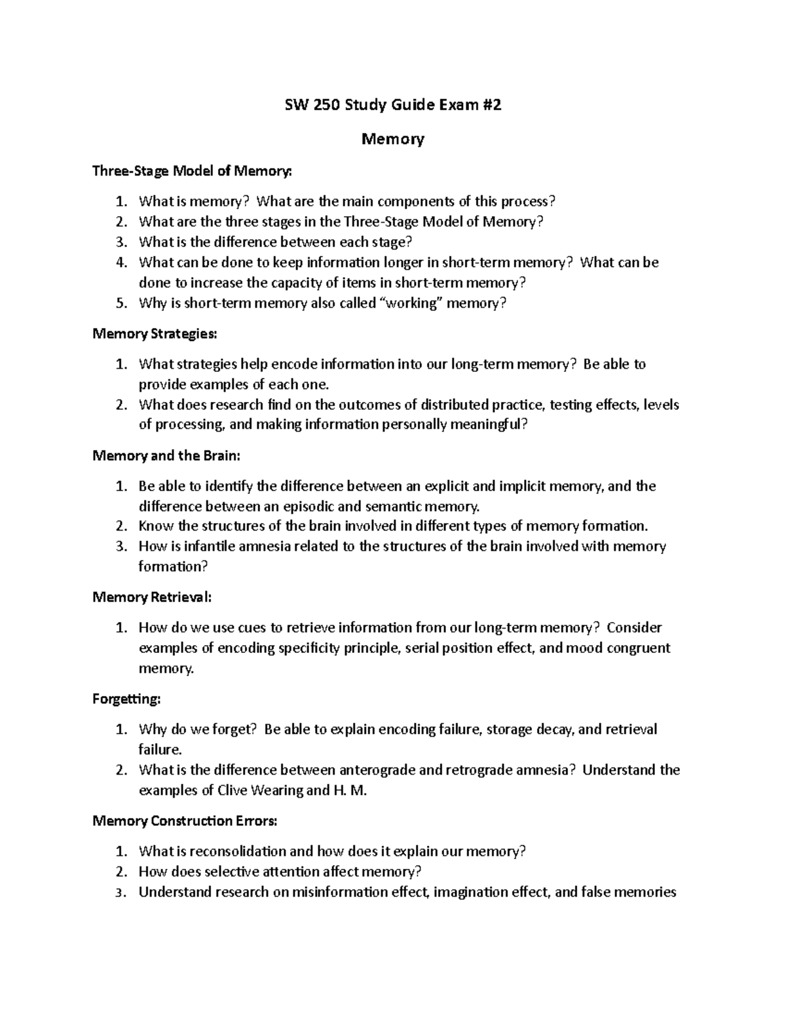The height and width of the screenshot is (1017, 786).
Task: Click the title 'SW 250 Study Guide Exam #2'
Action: tap(392, 105)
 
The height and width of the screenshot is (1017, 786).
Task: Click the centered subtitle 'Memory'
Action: tap(393, 139)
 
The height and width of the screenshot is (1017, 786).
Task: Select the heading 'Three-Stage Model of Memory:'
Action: tap(191, 171)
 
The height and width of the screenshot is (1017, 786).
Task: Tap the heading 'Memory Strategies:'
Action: tap(154, 334)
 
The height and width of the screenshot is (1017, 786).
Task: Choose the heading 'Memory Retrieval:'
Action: tap(152, 597)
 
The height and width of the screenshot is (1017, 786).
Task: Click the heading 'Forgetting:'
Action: tap(126, 699)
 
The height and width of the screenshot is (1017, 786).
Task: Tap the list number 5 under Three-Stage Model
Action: tap(121, 303)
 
